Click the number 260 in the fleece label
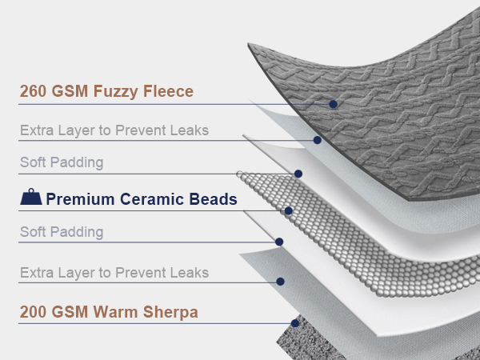pyautogui.click(x=33, y=91)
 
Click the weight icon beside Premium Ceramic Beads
pyautogui.click(x=31, y=197)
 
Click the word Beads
pyautogui.click(x=213, y=199)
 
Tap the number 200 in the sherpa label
pyautogui.click(x=33, y=312)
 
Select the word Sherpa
pyautogui.click(x=170, y=313)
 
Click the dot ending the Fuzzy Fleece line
pyautogui.click(x=334, y=104)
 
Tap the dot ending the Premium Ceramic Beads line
pyautogui.click(x=288, y=210)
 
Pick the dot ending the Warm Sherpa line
pyautogui.click(x=295, y=323)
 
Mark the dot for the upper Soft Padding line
pyautogui.click(x=298, y=174)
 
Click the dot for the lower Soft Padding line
pyautogui.click(x=279, y=242)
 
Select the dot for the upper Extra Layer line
pyautogui.click(x=317, y=140)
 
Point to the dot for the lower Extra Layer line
pyautogui.click(x=280, y=282)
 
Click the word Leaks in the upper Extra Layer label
pyautogui.click(x=190, y=130)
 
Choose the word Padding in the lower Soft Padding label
pyautogui.click(x=77, y=232)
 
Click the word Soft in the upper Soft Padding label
pyautogui.click(x=33, y=162)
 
